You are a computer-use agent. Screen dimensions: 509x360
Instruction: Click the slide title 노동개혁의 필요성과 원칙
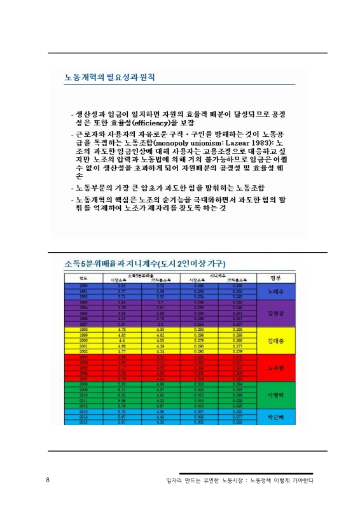110,78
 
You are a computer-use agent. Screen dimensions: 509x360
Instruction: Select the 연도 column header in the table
83,278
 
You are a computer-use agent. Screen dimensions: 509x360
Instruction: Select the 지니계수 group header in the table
211,275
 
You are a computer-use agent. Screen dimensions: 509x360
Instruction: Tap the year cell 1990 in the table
83,287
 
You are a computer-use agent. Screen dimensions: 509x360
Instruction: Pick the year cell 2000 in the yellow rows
83,340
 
